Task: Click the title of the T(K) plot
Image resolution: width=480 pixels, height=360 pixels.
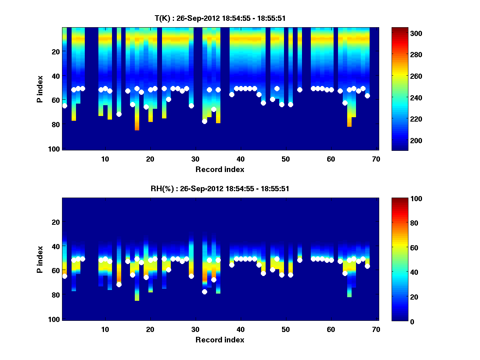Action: point(220,18)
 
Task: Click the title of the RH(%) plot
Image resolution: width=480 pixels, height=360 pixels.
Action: point(220,188)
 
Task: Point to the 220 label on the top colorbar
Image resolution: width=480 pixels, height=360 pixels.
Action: point(417,119)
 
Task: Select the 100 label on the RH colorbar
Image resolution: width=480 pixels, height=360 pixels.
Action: point(417,199)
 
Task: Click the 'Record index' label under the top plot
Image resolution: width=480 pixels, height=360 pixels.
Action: point(220,169)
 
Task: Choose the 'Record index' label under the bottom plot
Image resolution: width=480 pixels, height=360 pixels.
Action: point(220,340)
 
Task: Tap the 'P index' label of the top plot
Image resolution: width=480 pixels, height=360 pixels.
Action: point(40,88)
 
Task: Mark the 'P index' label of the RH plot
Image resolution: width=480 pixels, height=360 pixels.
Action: point(40,259)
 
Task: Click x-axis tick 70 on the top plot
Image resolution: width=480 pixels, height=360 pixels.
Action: point(376,159)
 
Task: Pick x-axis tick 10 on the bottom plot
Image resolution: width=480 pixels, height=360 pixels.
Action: point(105,329)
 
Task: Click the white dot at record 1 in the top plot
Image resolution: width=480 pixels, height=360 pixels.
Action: point(64,106)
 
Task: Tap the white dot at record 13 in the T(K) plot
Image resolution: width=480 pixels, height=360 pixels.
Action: point(119,114)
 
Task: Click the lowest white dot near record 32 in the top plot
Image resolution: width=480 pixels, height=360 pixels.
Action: point(204,121)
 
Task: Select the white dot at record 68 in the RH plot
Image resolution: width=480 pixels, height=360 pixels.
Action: point(367,266)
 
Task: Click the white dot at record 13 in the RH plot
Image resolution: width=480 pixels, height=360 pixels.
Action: point(119,284)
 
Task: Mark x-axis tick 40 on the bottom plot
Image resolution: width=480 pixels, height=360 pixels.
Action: point(240,329)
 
